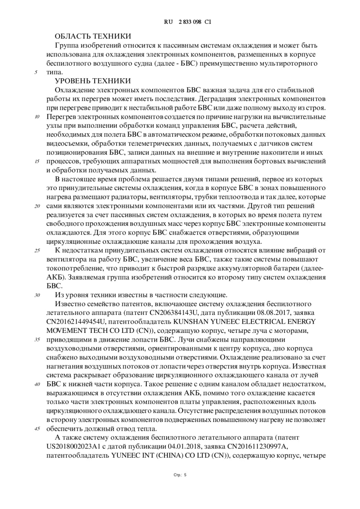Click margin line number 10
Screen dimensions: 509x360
(x=37, y=117)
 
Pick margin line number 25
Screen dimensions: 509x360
(x=37, y=251)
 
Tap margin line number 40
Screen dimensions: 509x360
(x=37, y=385)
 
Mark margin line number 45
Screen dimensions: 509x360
(x=37, y=429)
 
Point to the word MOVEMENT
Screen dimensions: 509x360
(x=68, y=331)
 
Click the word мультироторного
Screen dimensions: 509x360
(x=293, y=64)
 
